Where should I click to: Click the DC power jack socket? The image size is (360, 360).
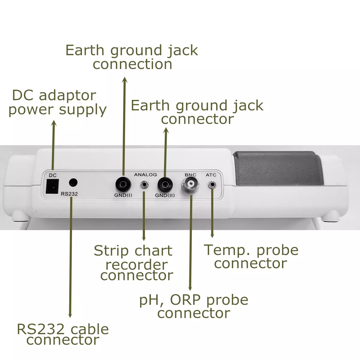[x=52, y=186]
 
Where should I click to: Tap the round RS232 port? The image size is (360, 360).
[x=73, y=182]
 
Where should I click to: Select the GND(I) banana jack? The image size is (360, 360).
[x=123, y=183]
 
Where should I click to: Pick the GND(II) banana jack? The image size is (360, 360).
[x=164, y=183]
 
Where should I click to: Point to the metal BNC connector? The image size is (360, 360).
[x=190, y=185]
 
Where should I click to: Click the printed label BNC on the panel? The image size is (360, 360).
[x=190, y=175]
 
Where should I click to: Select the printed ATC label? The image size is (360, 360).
[x=211, y=175]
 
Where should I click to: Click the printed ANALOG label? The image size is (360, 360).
[x=145, y=174]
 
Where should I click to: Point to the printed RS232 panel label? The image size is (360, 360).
[x=69, y=194]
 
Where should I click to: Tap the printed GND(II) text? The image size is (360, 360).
[x=165, y=195]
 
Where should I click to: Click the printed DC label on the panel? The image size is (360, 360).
[x=52, y=175]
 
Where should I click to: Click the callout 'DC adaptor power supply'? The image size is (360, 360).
[x=57, y=103]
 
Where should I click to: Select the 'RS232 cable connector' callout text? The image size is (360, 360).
[x=63, y=334]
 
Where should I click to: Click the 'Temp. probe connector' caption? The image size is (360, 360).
[x=251, y=256]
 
